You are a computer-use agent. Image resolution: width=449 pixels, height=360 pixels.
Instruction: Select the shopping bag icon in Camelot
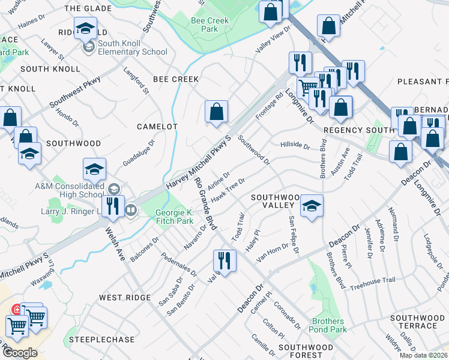point(216,112)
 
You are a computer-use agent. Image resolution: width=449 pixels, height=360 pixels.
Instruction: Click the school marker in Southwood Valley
point(312,206)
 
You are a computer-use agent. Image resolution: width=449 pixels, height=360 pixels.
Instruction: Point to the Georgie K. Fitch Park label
point(175,217)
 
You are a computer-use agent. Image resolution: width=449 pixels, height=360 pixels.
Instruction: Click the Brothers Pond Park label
point(328,325)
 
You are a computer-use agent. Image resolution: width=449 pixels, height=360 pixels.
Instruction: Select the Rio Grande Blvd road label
point(203,204)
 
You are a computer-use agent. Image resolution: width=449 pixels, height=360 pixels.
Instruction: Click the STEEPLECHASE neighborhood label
point(101,340)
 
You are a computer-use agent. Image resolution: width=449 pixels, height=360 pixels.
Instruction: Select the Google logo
point(20,352)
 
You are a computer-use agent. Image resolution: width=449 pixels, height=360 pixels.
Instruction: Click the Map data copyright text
point(424,355)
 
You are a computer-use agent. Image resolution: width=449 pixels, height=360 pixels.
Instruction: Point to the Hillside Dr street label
point(295,146)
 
